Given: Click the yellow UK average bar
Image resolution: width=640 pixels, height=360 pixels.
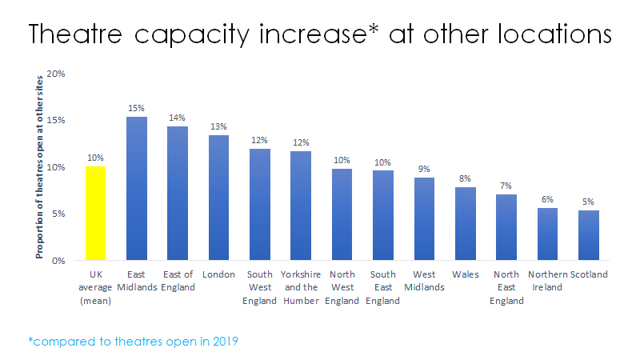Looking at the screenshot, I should tap(95, 214).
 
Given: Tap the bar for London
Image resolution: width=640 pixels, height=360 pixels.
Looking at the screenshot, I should tap(219, 198).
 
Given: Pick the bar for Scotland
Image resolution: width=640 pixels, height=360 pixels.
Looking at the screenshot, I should tap(589, 235).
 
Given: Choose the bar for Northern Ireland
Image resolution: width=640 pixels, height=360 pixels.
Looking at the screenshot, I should tap(547, 234).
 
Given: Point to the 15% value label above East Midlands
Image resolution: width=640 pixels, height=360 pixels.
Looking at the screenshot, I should tap(137, 108).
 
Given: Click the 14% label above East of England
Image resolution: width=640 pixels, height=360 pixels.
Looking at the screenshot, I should tap(178, 118).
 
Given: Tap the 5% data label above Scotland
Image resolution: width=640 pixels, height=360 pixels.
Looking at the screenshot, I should tap(589, 202).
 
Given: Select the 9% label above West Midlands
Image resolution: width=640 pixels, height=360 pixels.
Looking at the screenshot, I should tap(424, 169).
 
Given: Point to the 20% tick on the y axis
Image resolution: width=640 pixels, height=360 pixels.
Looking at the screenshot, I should tap(55, 74).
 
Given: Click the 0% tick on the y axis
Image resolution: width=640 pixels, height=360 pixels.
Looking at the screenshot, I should tap(58, 261).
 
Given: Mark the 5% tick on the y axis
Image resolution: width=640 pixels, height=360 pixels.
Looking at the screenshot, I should tap(58, 214).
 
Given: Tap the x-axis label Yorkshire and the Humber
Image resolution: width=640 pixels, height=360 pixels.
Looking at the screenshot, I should tap(301, 288).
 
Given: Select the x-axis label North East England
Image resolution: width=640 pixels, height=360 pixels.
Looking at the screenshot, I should tap(506, 288).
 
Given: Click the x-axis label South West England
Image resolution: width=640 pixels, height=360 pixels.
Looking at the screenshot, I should tap(260, 288).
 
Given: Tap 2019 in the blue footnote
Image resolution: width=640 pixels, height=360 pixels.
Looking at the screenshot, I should tap(222, 341).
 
